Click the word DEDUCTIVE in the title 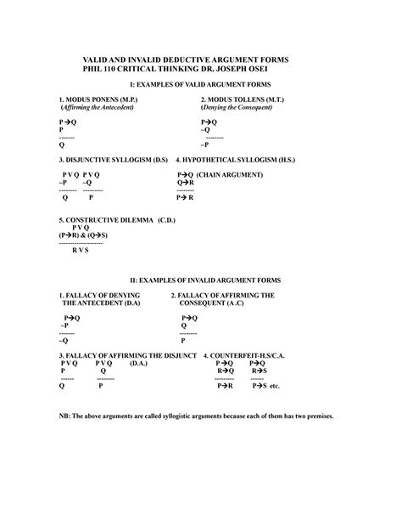[x=187, y=58]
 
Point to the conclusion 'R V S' [x=81, y=251]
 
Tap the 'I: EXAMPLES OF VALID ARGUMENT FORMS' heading [x=200, y=86]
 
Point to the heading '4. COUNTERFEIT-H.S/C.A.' [x=252, y=354]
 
